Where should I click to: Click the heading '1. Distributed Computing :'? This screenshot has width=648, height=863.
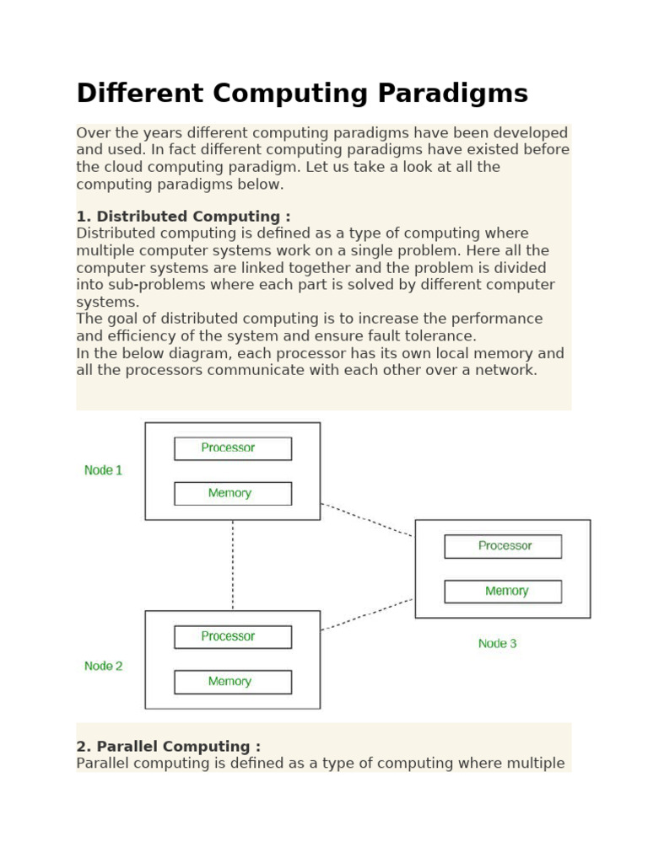click(183, 217)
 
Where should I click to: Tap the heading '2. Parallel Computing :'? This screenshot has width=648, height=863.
click(168, 747)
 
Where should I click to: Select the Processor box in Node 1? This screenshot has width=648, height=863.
click(233, 448)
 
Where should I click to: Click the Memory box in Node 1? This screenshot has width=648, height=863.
click(233, 494)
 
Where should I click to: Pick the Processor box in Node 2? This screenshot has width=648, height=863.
click(233, 637)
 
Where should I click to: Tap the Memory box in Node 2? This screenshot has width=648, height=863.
click(233, 682)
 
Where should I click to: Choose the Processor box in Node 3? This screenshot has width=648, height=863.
click(503, 546)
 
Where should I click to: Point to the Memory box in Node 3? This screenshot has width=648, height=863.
click(503, 592)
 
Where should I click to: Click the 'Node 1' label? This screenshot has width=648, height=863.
click(103, 470)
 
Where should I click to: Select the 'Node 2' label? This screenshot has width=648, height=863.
click(103, 666)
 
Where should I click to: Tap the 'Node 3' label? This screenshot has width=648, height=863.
click(497, 644)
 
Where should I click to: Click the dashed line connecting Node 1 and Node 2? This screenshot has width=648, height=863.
click(233, 565)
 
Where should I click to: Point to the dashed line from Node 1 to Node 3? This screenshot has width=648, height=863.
click(367, 519)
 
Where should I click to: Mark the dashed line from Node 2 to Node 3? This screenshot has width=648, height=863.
click(367, 614)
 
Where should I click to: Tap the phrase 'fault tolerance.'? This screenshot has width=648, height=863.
click(426, 336)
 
